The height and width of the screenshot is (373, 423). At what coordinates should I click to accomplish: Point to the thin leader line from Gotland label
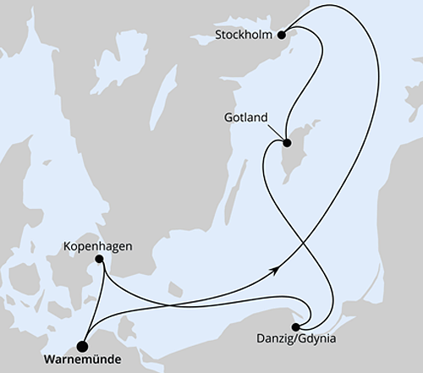click(276, 131)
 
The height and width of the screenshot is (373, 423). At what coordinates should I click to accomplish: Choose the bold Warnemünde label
click(82, 359)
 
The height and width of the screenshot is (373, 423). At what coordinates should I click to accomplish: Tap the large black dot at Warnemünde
click(82, 344)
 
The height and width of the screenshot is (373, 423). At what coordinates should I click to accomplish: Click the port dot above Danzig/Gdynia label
click(295, 326)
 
